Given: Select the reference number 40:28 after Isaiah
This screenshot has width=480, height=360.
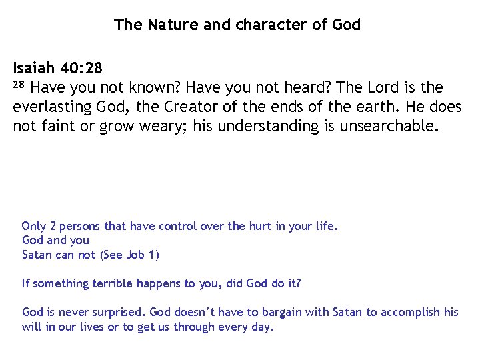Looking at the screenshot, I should [x=80, y=69].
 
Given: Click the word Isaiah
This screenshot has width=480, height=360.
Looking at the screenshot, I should [x=33, y=69].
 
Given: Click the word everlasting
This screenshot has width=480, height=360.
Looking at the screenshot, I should [x=51, y=107].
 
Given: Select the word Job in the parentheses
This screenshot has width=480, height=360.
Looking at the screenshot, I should [x=136, y=255].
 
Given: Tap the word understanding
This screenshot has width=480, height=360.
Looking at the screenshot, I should [x=269, y=127].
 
